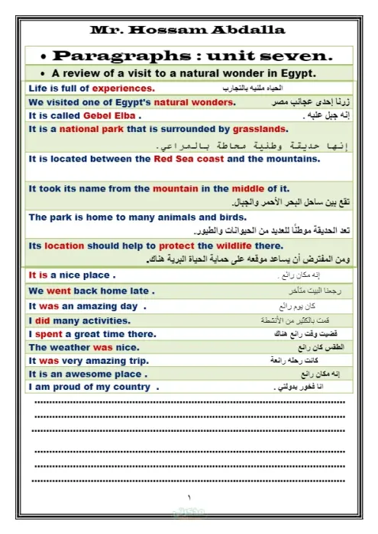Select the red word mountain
[175, 188]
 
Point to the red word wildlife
[234, 246]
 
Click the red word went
[58, 291]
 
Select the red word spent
[48, 333]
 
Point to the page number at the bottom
[189, 497]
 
